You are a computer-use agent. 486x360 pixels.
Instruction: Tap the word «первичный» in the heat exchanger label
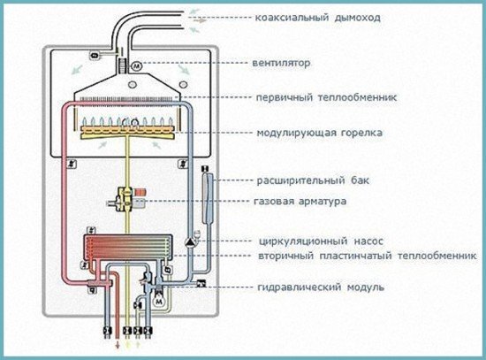(281, 97)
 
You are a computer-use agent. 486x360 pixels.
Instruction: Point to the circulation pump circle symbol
(189, 239)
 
